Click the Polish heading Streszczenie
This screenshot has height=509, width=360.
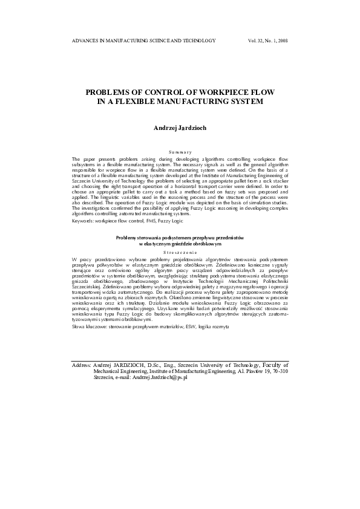(x=180, y=250)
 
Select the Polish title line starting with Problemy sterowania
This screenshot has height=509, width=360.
(x=180, y=238)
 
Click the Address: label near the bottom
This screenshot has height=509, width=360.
(x=82, y=365)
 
